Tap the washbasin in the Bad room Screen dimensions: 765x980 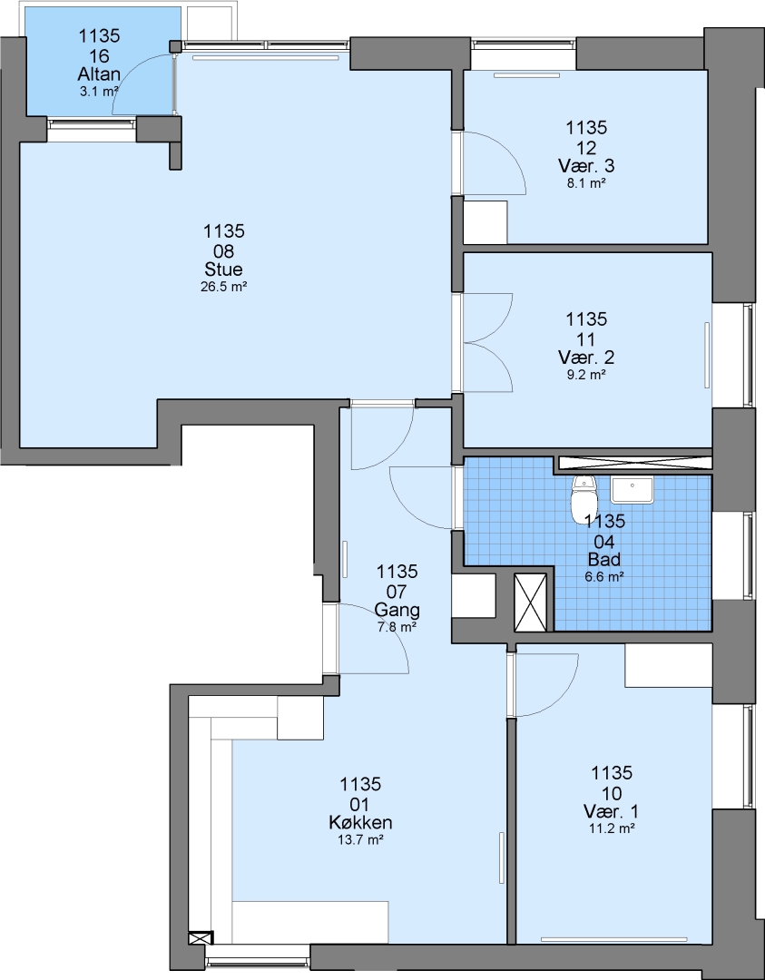[632, 489]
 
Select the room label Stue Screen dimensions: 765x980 [224, 270]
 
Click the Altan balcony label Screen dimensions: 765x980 [99, 74]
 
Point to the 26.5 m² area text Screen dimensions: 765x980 [224, 287]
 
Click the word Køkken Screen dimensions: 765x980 [360, 822]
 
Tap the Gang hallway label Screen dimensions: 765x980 [397, 610]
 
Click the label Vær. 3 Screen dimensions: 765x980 [586, 166]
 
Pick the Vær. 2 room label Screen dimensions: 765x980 [586, 358]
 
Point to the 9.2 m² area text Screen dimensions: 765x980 [586, 375]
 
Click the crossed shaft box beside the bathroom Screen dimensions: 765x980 [530, 603]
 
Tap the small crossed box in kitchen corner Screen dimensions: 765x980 [201, 938]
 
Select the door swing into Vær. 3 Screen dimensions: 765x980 [493, 163]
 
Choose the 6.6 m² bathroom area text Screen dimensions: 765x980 [604, 577]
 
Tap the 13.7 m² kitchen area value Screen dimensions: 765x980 [360, 840]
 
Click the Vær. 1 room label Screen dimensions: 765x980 [612, 811]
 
